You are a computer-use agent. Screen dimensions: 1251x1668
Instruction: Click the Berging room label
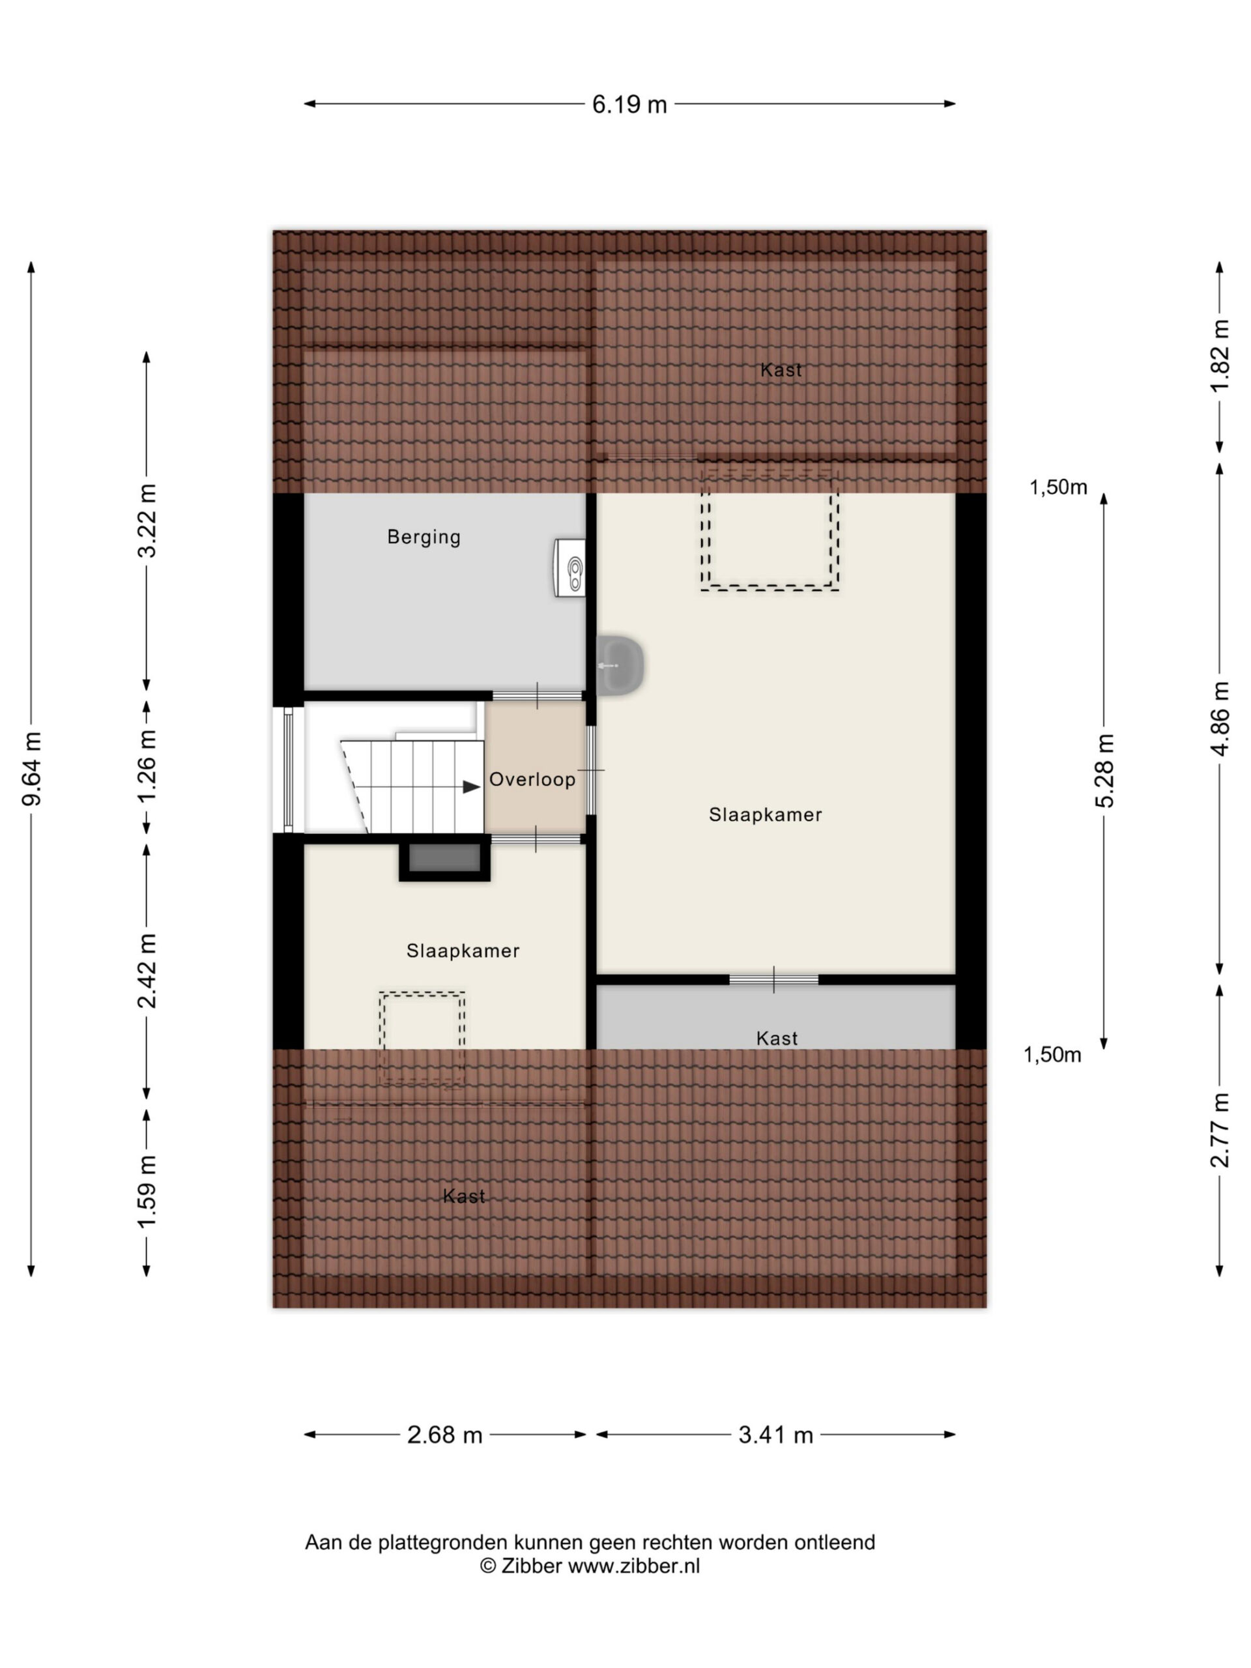pos(423,537)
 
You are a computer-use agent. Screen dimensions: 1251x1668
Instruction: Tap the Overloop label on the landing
pos(532,779)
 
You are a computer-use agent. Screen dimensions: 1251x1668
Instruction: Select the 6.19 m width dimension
pos(629,104)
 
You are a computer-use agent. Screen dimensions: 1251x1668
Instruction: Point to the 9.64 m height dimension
pos(32,768)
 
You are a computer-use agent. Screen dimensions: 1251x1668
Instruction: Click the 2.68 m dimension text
pos(444,1434)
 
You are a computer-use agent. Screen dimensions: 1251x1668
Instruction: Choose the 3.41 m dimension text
pos(775,1434)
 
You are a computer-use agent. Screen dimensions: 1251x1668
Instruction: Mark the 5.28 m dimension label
pos(1104,770)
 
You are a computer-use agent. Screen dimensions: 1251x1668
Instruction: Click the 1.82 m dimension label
pos(1219,355)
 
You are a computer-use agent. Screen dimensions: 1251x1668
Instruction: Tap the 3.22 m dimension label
pos(147,521)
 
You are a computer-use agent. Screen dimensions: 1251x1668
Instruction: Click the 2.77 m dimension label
pos(1219,1130)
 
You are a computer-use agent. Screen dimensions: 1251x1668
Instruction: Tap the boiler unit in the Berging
pos(569,567)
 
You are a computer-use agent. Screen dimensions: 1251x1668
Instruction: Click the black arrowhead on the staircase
pos(471,786)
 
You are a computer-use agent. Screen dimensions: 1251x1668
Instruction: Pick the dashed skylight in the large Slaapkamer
pos(769,531)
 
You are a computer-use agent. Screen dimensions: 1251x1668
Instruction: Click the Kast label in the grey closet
pos(776,1039)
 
